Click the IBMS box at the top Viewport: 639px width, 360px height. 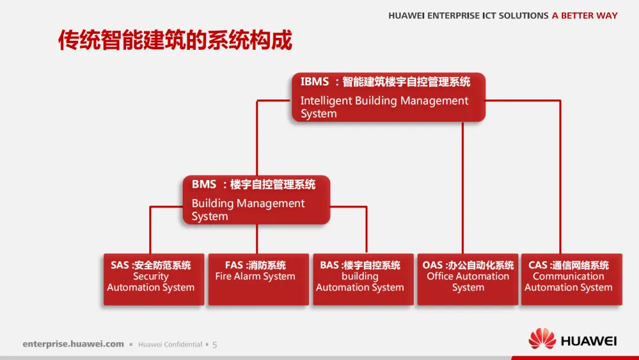388,98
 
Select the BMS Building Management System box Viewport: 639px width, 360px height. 256,200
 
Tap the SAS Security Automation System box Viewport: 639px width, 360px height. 153,279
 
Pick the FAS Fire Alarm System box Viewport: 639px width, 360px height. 258,279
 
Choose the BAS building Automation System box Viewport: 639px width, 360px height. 363,279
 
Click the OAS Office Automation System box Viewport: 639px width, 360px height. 467,279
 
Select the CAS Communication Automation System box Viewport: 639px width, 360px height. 571,279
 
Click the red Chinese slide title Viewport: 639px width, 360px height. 175,40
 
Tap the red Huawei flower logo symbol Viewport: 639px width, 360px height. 542,340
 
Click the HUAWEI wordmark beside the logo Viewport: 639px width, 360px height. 588,341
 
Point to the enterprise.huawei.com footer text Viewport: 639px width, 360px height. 73,344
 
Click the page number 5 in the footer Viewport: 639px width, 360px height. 215,345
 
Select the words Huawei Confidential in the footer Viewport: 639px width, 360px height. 170,345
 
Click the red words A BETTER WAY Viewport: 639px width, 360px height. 585,16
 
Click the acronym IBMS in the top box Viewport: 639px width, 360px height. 314,82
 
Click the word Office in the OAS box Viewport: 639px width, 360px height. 440,277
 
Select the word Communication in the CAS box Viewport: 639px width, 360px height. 568,277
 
